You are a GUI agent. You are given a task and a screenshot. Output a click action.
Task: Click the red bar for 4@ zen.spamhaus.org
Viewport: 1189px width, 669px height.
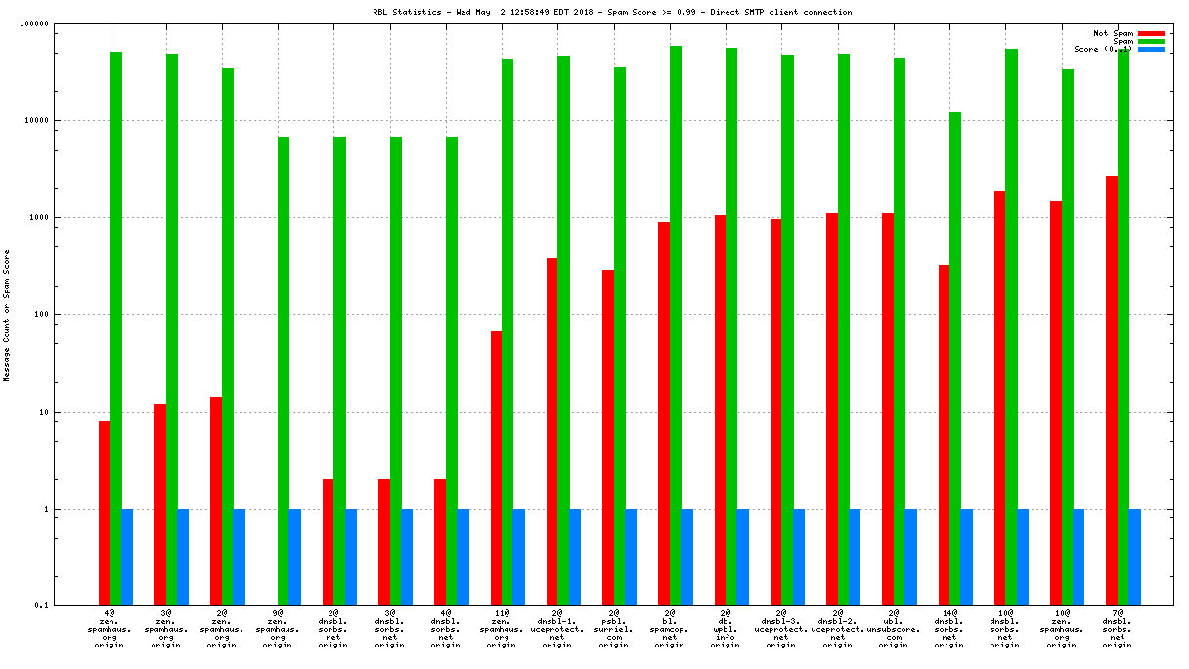(104, 513)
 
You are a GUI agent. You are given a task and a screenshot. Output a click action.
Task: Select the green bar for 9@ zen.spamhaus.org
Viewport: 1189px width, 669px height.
(284, 371)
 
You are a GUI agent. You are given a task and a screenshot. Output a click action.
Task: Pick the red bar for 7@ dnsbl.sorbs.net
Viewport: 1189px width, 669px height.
(1112, 390)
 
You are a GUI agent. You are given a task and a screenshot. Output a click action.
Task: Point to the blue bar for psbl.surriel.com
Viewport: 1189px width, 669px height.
(631, 557)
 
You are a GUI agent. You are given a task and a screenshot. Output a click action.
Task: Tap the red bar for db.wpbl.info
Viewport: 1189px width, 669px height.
(720, 410)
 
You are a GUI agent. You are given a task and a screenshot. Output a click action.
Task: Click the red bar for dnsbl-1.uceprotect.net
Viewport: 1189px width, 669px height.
(551, 431)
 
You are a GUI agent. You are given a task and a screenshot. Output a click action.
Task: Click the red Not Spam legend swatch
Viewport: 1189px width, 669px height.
(1151, 33)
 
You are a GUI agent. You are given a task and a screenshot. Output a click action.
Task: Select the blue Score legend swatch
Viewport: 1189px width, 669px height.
(1151, 49)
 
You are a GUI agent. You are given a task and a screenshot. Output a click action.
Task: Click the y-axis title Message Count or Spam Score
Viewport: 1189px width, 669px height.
(8, 315)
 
